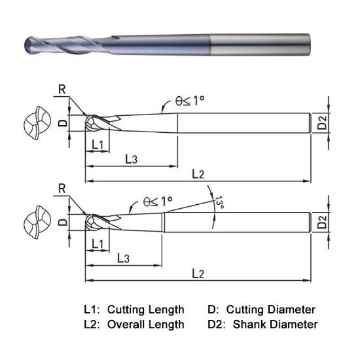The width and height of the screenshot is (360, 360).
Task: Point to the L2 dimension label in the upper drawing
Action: (x=198, y=173)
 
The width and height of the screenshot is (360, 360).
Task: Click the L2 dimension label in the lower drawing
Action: (x=198, y=273)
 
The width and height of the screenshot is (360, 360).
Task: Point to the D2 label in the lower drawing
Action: (x=322, y=223)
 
